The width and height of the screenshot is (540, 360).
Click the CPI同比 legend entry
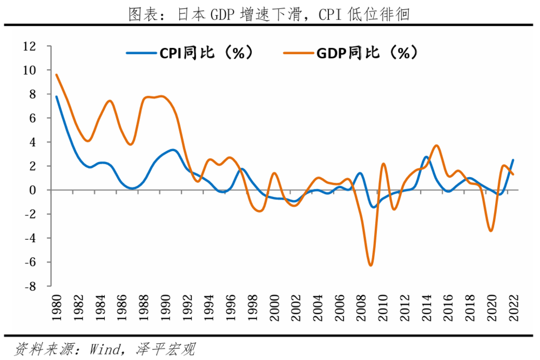click(x=189, y=53)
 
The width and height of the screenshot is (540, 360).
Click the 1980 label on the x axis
click(x=56, y=308)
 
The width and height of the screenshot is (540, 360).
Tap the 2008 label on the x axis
click(x=361, y=308)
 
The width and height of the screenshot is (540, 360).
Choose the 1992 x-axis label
click(x=187, y=308)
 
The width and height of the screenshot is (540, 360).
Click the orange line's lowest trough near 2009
click(x=371, y=265)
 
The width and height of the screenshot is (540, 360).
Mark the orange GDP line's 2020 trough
click(x=491, y=231)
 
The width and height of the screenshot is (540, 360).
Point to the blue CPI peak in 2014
click(x=426, y=157)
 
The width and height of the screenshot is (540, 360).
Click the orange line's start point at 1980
click(x=56, y=74)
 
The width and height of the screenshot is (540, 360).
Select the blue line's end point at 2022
click(x=513, y=160)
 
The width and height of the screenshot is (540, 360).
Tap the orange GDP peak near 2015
click(x=437, y=146)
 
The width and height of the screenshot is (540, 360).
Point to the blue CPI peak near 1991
click(x=172, y=150)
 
